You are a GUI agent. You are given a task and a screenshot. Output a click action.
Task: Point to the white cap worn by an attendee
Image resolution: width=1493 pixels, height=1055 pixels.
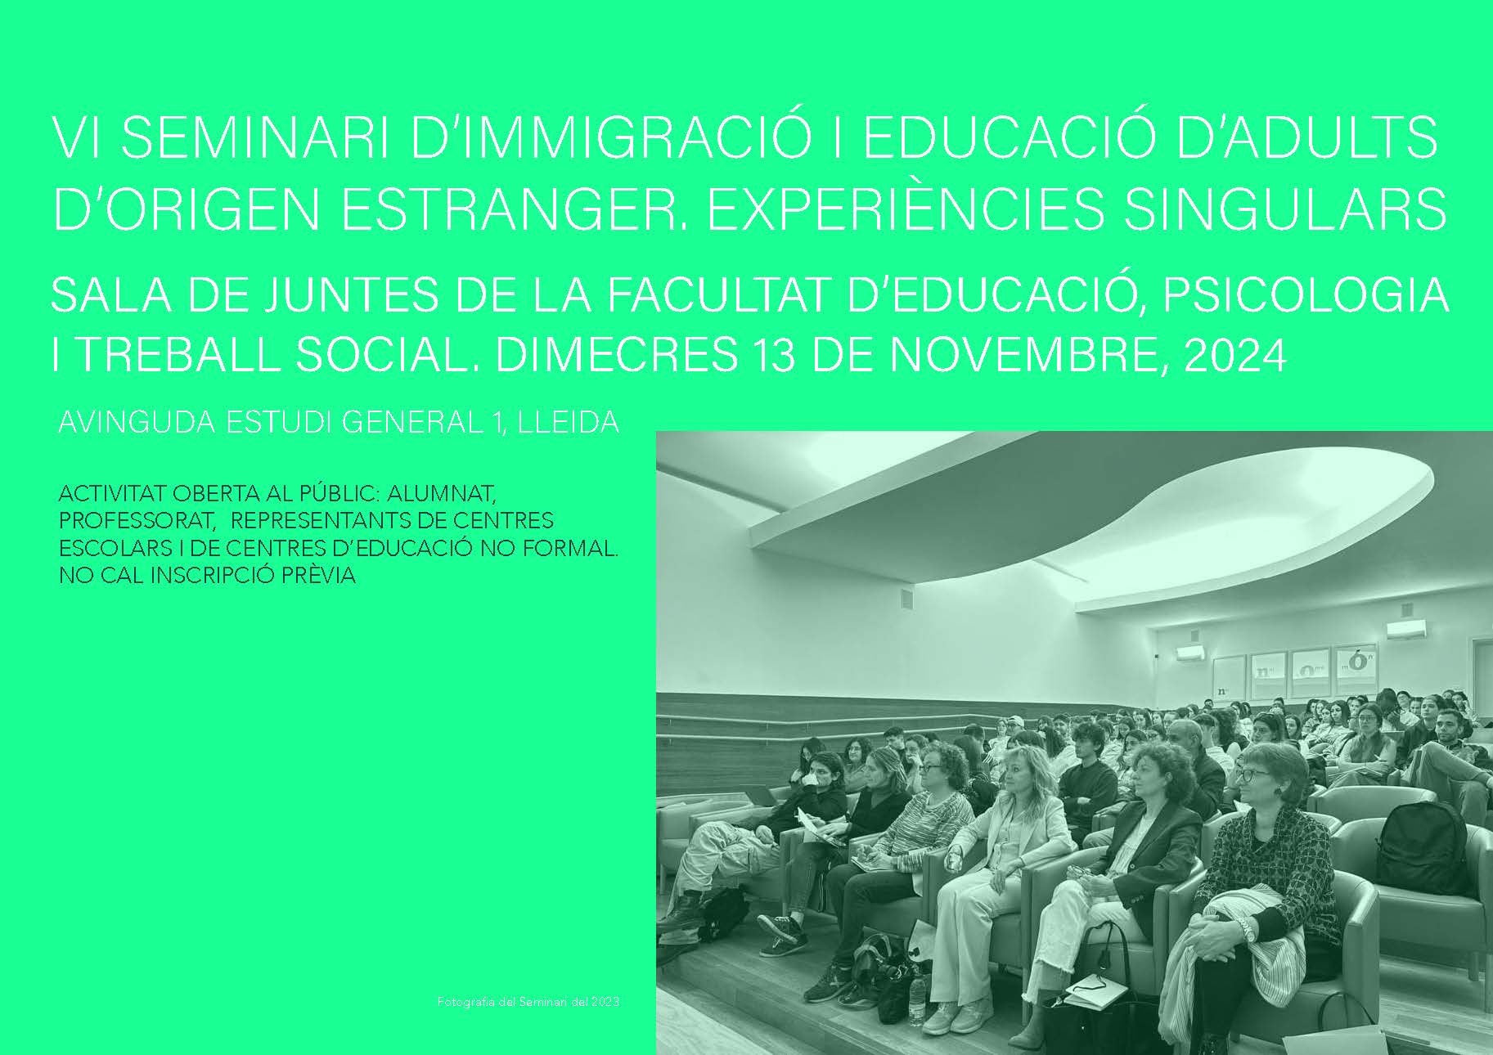[x=1015, y=721]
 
